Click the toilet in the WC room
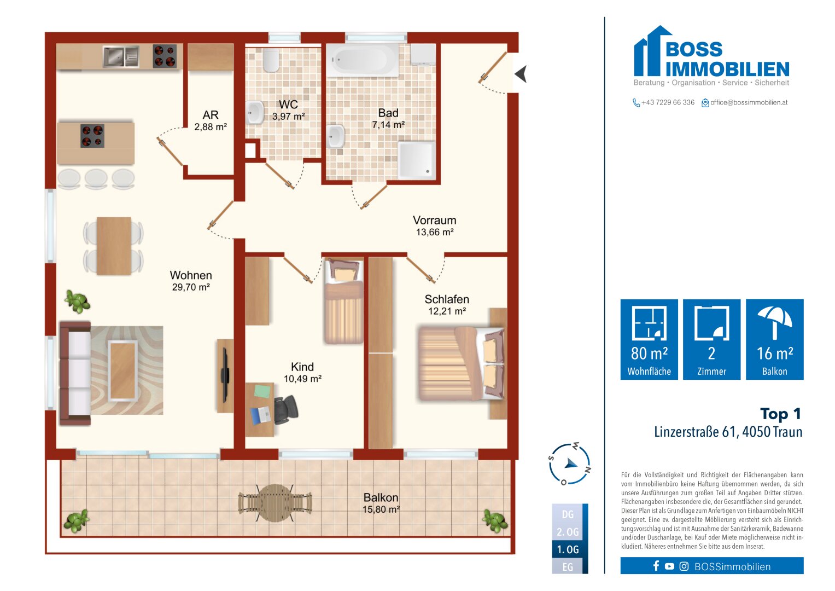click(x=271, y=61)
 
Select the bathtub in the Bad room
click(x=364, y=59)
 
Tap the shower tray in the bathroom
click(x=417, y=160)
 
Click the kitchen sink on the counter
click(x=120, y=56)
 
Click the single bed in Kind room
click(x=343, y=302)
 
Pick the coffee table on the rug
click(x=123, y=370)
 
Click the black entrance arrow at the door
click(x=521, y=74)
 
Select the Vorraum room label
click(x=434, y=221)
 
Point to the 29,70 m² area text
click(x=191, y=287)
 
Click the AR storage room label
click(x=211, y=115)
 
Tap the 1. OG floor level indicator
click(x=568, y=549)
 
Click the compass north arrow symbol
click(x=571, y=463)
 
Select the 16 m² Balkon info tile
click(x=774, y=339)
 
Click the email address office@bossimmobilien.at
click(x=749, y=102)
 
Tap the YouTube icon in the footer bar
click(x=669, y=566)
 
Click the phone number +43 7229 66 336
click(x=668, y=102)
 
